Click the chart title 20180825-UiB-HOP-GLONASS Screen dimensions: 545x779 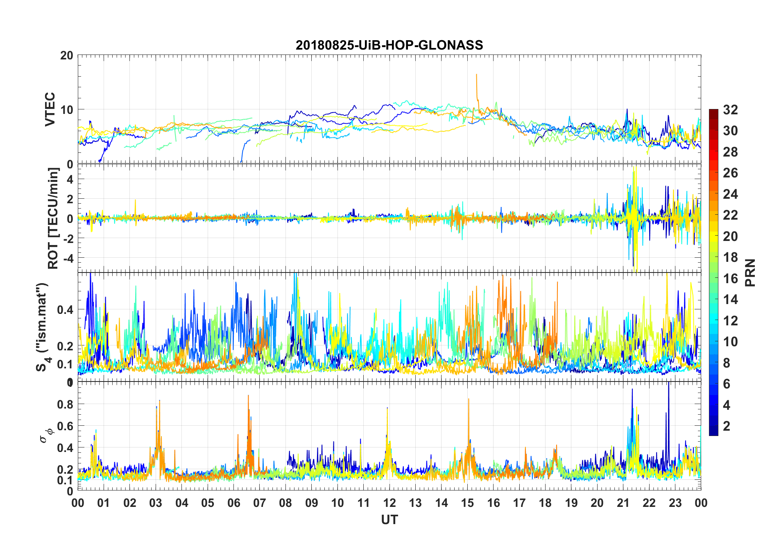pos(389,45)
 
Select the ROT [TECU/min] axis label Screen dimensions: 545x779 pos(53,218)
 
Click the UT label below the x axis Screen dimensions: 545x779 pos(389,520)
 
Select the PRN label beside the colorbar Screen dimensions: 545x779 pos(750,272)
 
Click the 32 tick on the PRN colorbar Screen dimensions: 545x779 pos(730,110)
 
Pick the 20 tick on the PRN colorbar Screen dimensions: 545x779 pos(730,236)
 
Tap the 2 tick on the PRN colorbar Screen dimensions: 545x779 pos(727,426)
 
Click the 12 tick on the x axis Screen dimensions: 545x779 pos(389,503)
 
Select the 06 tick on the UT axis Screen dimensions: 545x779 pos(234,503)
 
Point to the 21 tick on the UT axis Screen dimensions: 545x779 pos(623,503)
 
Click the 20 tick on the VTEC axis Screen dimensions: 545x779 pos(67,55)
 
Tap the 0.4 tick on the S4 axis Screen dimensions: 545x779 pos(65,310)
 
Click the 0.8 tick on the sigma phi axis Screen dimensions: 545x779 pos(65,404)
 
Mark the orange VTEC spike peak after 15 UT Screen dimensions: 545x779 pos(476,75)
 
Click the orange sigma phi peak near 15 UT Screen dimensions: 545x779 pos(469,399)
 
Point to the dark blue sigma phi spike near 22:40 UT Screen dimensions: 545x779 pos(668,383)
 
